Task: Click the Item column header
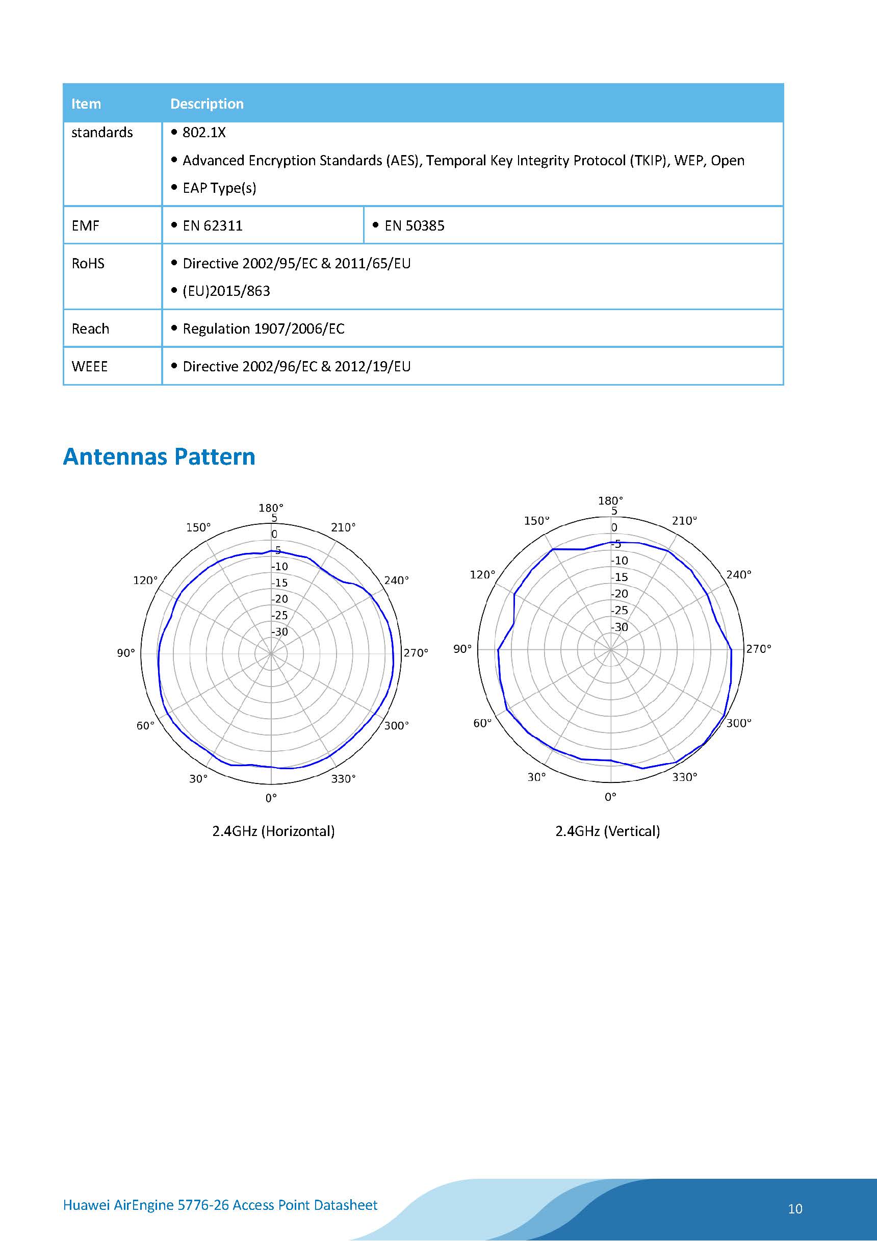[86, 104]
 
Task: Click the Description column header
[207, 104]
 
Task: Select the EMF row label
[85, 225]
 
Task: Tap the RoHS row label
[88, 263]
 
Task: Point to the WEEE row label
[90, 366]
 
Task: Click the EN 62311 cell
[212, 225]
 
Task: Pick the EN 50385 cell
[415, 225]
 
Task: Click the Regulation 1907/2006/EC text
[263, 328]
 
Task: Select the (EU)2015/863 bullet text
[226, 291]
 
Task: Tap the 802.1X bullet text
[204, 133]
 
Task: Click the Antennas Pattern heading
[159, 457]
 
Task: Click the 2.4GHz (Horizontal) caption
[273, 831]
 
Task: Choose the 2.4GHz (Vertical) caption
[608, 831]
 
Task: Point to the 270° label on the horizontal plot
[416, 653]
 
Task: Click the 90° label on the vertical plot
[462, 649]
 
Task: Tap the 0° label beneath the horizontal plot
[271, 798]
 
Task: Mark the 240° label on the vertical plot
[739, 574]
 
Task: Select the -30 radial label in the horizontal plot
[280, 631]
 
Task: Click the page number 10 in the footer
[795, 1208]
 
